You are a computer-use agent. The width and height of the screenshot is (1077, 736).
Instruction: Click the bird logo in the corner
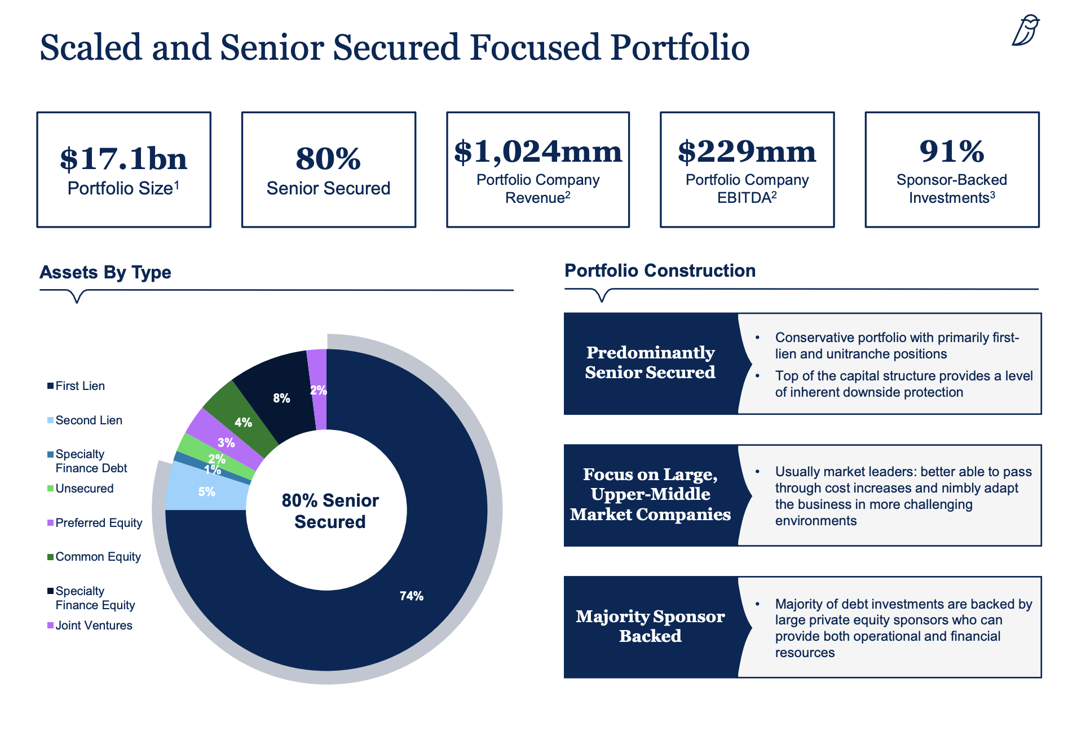pos(1025,30)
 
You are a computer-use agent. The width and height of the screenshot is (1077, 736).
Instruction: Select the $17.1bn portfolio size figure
pos(123,158)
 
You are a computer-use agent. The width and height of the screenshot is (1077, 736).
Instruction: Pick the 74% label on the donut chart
pos(411,596)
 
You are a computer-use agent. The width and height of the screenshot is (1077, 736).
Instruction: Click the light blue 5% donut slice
pos(206,492)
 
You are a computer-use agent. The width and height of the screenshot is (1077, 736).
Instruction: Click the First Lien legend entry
pos(80,386)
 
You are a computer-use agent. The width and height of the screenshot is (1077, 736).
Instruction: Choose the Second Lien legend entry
pos(88,420)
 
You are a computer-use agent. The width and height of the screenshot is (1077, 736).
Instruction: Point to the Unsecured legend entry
pos(84,489)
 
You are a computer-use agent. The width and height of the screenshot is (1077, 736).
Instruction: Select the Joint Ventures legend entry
pos(93,626)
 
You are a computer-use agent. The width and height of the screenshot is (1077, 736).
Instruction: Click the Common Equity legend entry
pos(98,557)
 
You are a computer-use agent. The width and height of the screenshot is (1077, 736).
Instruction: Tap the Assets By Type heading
pos(105,272)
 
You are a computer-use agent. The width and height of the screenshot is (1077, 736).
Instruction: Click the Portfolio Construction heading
pos(660,271)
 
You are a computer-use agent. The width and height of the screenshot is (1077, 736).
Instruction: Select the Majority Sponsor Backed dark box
pos(650,626)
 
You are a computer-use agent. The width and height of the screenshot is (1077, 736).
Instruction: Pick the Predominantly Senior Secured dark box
pos(650,362)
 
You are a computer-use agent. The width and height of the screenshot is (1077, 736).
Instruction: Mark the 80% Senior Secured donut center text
pos(330,511)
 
